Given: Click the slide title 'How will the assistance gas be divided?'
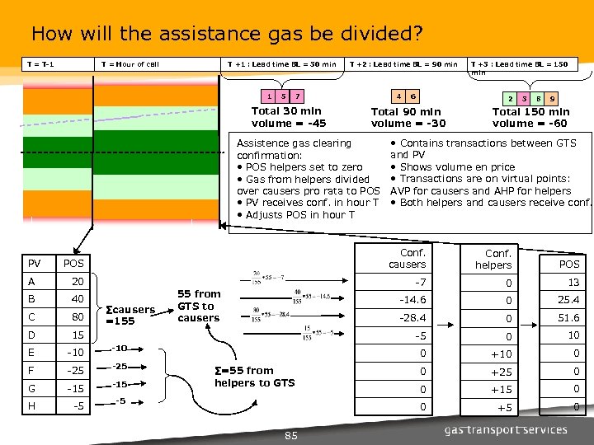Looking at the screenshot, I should pyautogui.click(x=227, y=35).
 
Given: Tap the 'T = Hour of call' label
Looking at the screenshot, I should pyautogui.click(x=129, y=64).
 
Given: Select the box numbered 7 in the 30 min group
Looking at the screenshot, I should pyautogui.click(x=298, y=96).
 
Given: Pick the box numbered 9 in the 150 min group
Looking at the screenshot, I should pyautogui.click(x=552, y=98).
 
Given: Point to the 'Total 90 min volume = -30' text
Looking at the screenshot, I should pyautogui.click(x=408, y=118).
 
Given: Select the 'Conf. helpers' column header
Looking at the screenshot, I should pyautogui.click(x=497, y=259).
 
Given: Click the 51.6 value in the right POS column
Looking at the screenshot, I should pyautogui.click(x=568, y=317).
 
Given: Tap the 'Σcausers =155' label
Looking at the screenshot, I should pyautogui.click(x=131, y=316).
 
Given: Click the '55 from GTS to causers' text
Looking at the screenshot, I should pyautogui.click(x=199, y=306).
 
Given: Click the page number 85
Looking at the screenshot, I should pyautogui.click(x=290, y=434).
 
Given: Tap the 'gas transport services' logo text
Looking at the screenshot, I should pyautogui.click(x=506, y=429).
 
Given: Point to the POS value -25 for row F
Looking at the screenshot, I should pyautogui.click(x=76, y=372).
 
